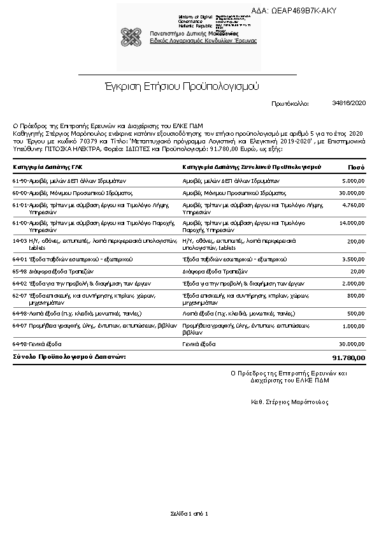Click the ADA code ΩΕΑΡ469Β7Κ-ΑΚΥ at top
(304, 11)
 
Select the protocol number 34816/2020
(349, 102)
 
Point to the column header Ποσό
(356, 167)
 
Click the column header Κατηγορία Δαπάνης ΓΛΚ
(48, 167)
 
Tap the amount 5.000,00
(353, 181)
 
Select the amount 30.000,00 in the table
(352, 192)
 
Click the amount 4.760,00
(353, 205)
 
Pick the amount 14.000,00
(352, 223)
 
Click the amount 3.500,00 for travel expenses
(353, 260)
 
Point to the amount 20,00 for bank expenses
(358, 271)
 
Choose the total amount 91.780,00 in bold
(349, 358)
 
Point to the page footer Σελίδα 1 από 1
(189, 513)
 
